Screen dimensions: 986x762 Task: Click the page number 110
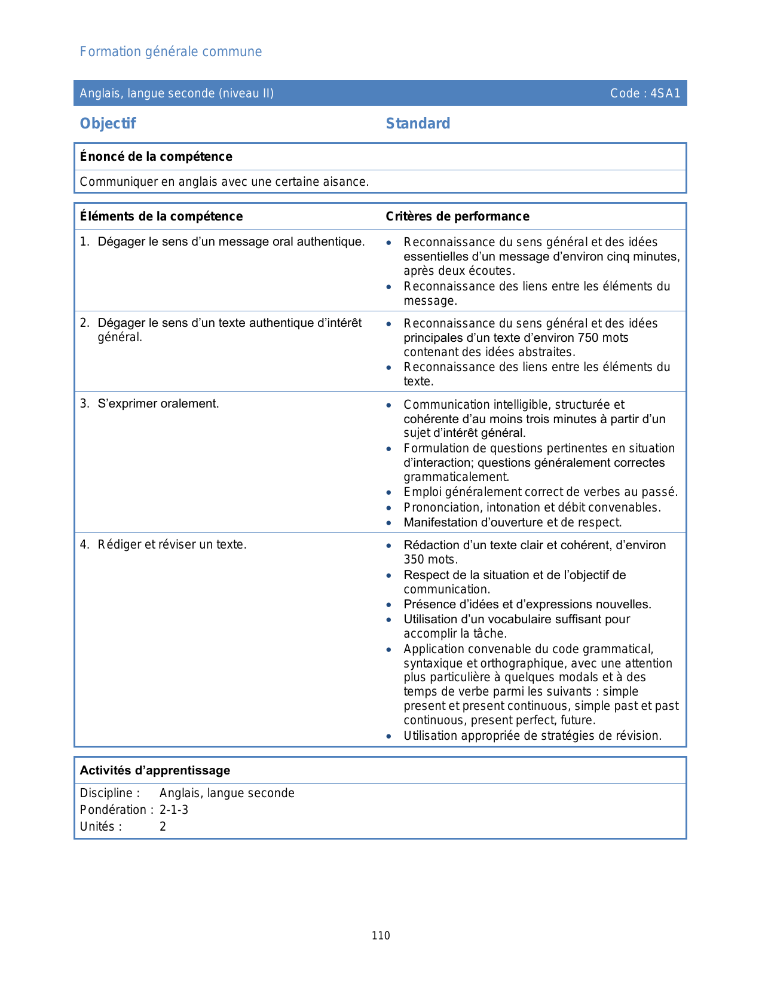click(x=381, y=936)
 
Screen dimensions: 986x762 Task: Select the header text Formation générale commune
click(x=171, y=52)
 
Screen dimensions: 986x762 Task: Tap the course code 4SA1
click(x=665, y=93)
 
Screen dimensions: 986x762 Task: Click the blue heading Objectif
click(x=108, y=124)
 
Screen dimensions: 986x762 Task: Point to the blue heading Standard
click(x=418, y=124)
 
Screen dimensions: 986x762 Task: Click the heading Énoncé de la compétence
click(x=156, y=157)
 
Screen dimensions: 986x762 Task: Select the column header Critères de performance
click(x=457, y=216)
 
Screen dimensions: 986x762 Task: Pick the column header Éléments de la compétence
click(x=161, y=216)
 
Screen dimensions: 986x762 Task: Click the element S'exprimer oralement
click(x=158, y=404)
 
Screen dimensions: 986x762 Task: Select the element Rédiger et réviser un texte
click(x=172, y=545)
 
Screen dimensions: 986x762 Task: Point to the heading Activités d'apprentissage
click(x=155, y=770)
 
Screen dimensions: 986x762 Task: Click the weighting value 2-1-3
click(x=174, y=810)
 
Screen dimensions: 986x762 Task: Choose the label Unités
click(x=100, y=826)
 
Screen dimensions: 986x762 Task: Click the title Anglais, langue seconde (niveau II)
click(x=177, y=93)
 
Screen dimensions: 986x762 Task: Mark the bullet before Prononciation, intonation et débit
click(x=389, y=508)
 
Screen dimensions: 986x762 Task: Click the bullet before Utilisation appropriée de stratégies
click(x=389, y=736)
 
